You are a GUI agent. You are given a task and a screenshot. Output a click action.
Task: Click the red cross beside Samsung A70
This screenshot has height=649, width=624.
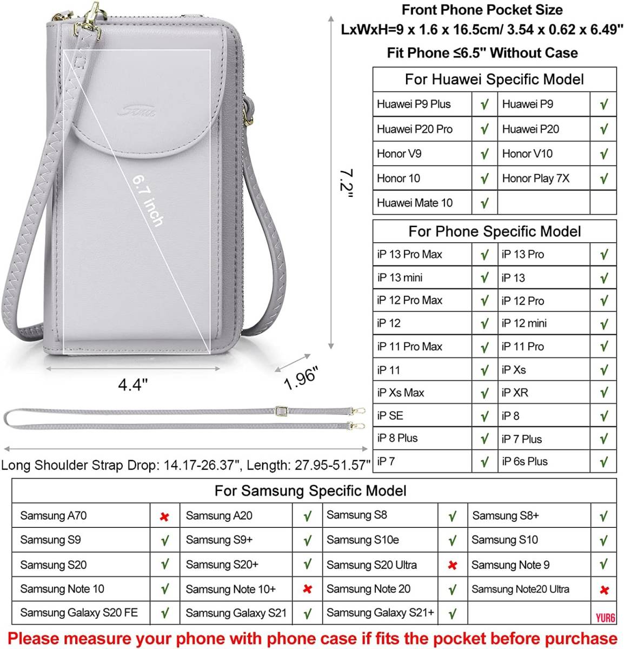[x=164, y=516]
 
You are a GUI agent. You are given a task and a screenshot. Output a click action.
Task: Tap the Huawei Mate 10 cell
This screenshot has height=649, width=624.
[x=415, y=203]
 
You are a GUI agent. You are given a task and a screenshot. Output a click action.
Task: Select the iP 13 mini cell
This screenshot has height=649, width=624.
[x=400, y=277]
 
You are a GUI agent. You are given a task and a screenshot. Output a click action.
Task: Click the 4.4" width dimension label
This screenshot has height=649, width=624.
[x=133, y=385]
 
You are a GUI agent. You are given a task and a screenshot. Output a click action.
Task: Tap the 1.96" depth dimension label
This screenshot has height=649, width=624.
[x=301, y=378]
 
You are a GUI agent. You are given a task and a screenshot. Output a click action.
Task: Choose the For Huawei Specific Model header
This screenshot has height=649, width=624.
[x=494, y=80]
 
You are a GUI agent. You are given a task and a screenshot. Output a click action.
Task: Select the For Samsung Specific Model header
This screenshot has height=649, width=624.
[x=310, y=491]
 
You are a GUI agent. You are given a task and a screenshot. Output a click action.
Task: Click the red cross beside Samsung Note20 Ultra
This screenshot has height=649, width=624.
[x=605, y=590]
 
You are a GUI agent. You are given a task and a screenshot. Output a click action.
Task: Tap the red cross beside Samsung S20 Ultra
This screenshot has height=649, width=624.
[x=453, y=565]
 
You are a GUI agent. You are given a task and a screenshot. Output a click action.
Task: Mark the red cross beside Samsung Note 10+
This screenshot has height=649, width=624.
[x=307, y=589]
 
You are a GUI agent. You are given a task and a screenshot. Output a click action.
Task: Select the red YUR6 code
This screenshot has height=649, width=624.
[x=606, y=618]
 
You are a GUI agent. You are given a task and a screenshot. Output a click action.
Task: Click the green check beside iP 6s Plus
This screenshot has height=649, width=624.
[x=604, y=462]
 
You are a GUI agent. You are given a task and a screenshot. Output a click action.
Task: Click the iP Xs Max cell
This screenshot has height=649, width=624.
[x=401, y=393]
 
